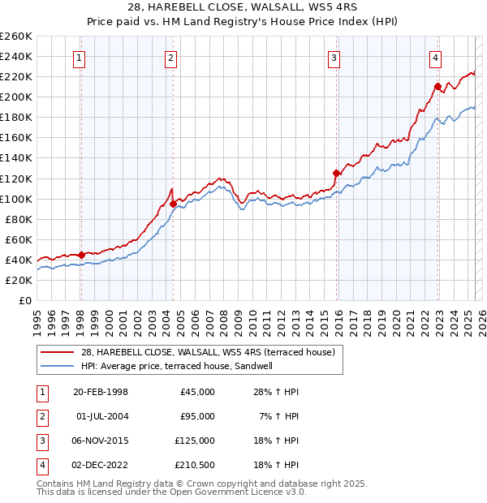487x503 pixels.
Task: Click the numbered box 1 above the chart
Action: click(x=80, y=57)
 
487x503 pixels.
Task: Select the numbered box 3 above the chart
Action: click(x=334, y=57)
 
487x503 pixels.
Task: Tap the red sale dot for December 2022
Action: click(x=437, y=86)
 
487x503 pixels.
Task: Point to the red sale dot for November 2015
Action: click(x=336, y=173)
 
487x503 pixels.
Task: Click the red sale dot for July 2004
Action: click(x=173, y=204)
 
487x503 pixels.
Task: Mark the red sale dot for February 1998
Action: click(x=81, y=255)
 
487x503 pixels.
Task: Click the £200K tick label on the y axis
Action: click(x=15, y=97)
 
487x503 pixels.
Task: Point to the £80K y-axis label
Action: click(x=18, y=219)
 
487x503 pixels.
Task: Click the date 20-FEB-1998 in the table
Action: click(x=101, y=392)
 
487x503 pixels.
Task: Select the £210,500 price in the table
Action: click(x=195, y=465)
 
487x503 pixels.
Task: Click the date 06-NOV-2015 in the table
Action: click(x=101, y=441)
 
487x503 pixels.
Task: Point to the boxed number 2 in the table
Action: click(x=41, y=416)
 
